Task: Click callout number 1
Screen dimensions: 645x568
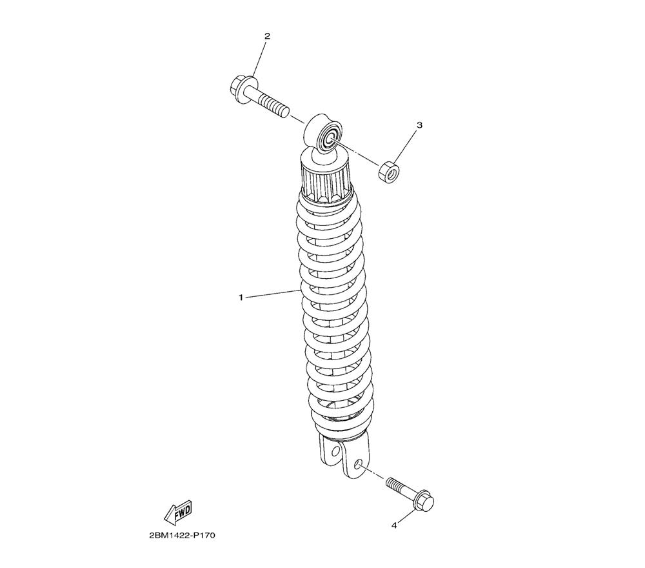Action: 241,297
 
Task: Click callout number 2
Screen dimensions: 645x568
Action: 267,36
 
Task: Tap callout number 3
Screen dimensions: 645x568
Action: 420,125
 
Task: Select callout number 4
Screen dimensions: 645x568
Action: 394,525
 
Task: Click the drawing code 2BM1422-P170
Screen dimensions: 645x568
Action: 183,536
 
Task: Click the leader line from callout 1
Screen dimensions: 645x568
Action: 274,294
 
